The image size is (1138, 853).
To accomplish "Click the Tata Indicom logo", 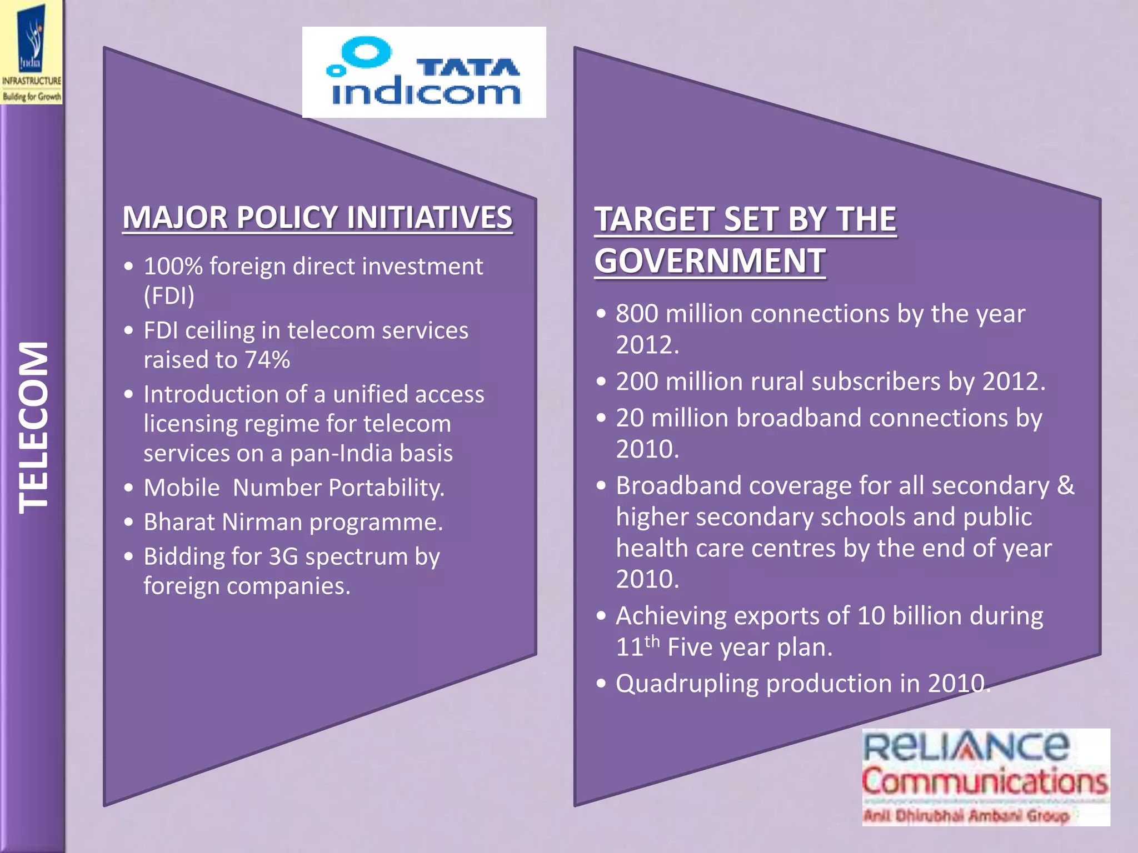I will pyautogui.click(x=424, y=72).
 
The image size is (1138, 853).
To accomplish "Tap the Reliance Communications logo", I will pyautogui.click(x=986, y=777).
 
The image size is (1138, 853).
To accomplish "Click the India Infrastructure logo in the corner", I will pyautogui.click(x=32, y=53).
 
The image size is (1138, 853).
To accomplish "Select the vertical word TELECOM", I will pyautogui.click(x=33, y=427).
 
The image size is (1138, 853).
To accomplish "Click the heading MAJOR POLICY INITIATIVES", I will pyautogui.click(x=317, y=217).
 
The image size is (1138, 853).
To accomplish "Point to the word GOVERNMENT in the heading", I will pyautogui.click(x=710, y=260).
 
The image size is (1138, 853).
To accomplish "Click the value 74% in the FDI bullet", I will pyautogui.click(x=267, y=360).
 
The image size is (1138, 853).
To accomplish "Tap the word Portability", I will pyautogui.click(x=386, y=488).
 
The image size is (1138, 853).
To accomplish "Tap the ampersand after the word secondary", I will pyautogui.click(x=1066, y=485).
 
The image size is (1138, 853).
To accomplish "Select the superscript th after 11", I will pyautogui.click(x=652, y=641).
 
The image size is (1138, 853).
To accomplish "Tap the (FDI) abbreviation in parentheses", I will pyautogui.click(x=169, y=295).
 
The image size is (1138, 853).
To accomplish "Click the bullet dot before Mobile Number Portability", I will pyautogui.click(x=129, y=488).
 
